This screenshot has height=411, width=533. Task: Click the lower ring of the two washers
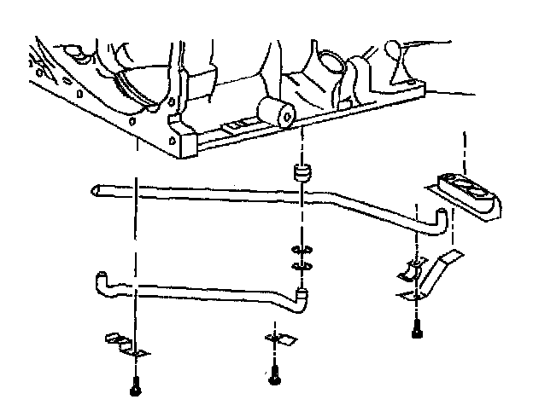pyautogui.click(x=300, y=267)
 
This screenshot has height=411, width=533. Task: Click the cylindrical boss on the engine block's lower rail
pyautogui.click(x=278, y=112)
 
